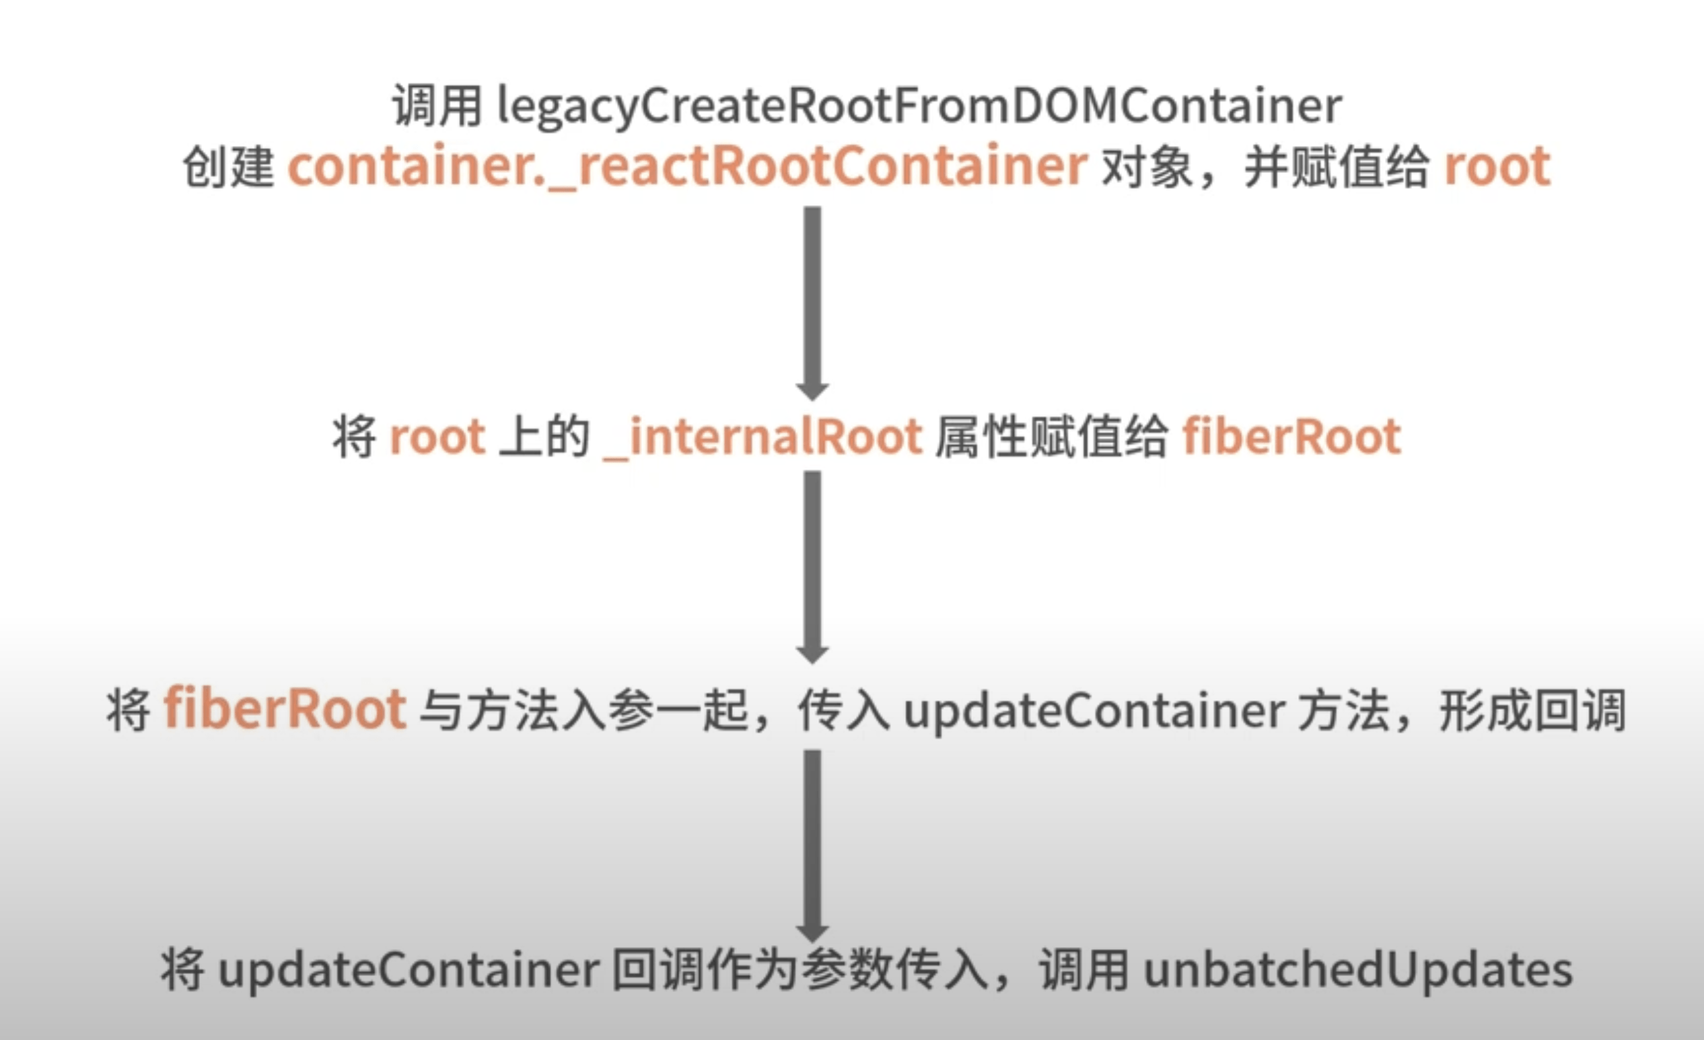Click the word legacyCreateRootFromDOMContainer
[919, 106]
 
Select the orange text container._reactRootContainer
[687, 167]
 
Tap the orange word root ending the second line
[1497, 167]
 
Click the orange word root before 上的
[437, 437]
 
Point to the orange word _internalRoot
[762, 437]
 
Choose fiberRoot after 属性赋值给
[1292, 437]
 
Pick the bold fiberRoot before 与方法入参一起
[284, 709]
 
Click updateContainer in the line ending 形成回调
[1095, 711]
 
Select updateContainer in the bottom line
[408, 970]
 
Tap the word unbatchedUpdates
[1357, 970]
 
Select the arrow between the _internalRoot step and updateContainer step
[812, 567]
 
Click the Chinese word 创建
[228, 167]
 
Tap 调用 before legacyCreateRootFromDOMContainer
[437, 106]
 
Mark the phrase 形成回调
[1532, 711]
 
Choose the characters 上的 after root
[544, 437]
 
